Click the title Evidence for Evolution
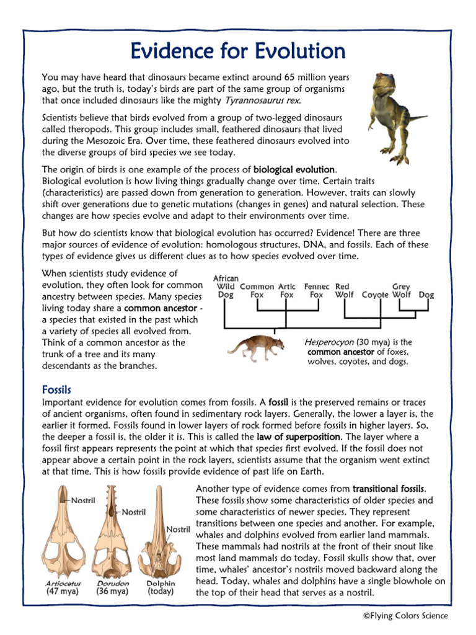238,50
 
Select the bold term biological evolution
294,169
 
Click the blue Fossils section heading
56,390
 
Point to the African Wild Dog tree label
226,286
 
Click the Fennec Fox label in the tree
316,291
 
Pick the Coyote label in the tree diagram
375,295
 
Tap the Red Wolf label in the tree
343,291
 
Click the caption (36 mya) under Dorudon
112,592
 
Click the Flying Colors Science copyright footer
405,616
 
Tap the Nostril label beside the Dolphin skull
177,529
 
